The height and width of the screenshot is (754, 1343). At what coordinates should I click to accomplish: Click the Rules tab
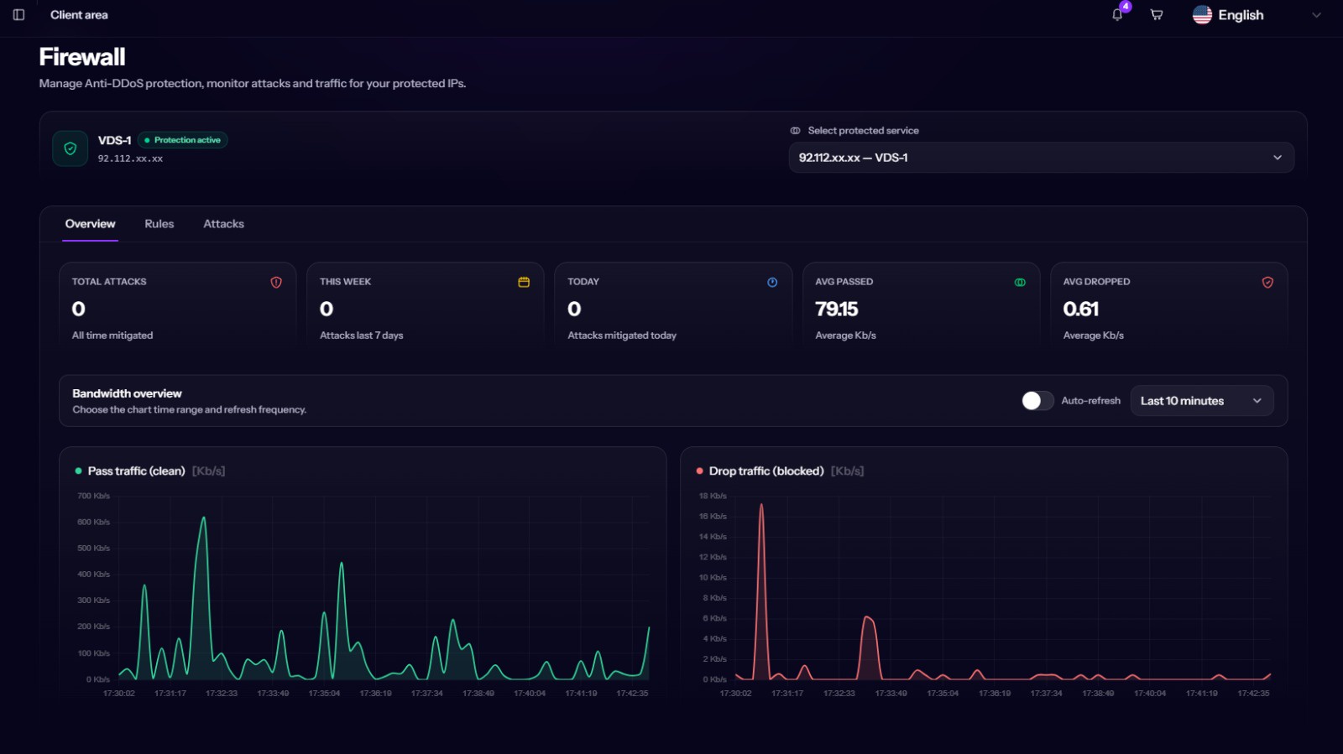159,223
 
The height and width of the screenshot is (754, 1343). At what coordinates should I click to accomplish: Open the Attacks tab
223,223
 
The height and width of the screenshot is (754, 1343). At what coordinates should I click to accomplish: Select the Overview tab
90,223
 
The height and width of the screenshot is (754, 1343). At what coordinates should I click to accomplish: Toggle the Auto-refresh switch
1037,401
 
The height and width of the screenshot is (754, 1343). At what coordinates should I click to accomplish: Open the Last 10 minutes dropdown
1201,401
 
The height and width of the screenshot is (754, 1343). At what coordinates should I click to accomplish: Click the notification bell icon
1117,15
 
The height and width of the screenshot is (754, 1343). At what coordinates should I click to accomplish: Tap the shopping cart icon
1157,15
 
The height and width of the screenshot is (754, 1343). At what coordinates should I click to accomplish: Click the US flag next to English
1202,14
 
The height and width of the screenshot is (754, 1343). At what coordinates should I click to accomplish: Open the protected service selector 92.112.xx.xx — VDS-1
1041,158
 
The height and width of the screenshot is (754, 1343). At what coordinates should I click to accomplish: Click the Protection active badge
183,139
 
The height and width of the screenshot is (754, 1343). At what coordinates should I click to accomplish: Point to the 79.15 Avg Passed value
836,309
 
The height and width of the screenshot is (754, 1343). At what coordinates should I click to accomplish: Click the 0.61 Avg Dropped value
1080,309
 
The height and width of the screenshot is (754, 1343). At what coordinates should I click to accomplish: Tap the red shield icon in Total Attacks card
276,282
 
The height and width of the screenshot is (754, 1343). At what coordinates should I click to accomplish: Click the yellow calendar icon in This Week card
524,282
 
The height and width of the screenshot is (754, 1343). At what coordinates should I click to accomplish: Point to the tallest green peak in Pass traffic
204,518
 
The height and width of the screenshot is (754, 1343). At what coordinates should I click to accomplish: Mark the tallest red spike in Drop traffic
761,505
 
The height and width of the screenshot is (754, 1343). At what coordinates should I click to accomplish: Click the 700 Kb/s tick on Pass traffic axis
93,496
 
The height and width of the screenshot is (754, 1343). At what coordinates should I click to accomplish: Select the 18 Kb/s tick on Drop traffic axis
713,496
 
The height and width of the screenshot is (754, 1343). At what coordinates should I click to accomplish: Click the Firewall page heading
82,57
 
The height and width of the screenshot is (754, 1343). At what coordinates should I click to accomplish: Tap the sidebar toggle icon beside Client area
18,15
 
